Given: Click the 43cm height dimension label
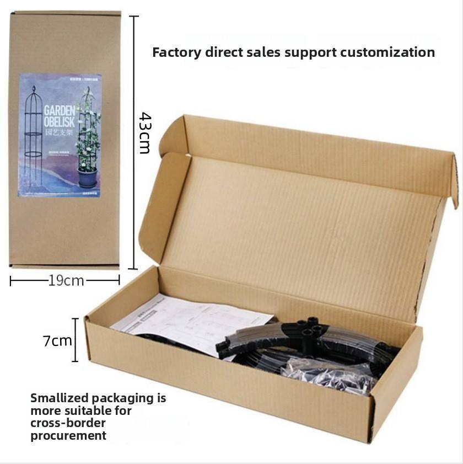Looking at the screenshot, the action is point(144,133).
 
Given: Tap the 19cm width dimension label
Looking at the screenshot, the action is point(66,281).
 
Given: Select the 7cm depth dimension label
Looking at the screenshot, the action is point(58,340).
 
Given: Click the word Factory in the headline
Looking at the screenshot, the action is point(176,53).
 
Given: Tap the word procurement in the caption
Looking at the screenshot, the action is point(68,435).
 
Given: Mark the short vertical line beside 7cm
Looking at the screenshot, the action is point(75,340).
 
